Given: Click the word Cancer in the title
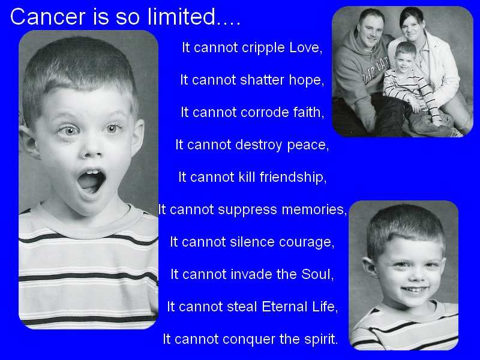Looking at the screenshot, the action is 48,17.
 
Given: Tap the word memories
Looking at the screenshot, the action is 312,209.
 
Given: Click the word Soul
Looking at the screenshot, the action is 316,274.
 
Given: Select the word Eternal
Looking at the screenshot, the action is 284,307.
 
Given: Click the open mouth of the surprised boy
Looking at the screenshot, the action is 91,182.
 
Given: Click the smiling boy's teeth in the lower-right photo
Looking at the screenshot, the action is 414,289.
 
